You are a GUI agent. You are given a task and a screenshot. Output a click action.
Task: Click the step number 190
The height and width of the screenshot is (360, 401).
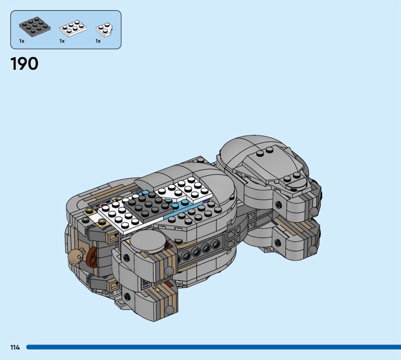24,64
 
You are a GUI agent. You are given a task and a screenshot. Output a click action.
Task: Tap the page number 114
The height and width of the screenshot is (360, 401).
15,347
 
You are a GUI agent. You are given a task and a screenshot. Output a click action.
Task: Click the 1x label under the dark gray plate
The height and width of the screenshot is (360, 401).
22,41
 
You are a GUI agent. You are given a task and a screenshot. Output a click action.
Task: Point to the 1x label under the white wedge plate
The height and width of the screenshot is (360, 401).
98,41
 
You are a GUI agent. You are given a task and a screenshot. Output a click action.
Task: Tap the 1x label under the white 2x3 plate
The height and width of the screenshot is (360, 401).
62,41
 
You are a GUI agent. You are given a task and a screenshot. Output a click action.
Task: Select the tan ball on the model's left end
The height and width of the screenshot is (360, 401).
75,255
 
